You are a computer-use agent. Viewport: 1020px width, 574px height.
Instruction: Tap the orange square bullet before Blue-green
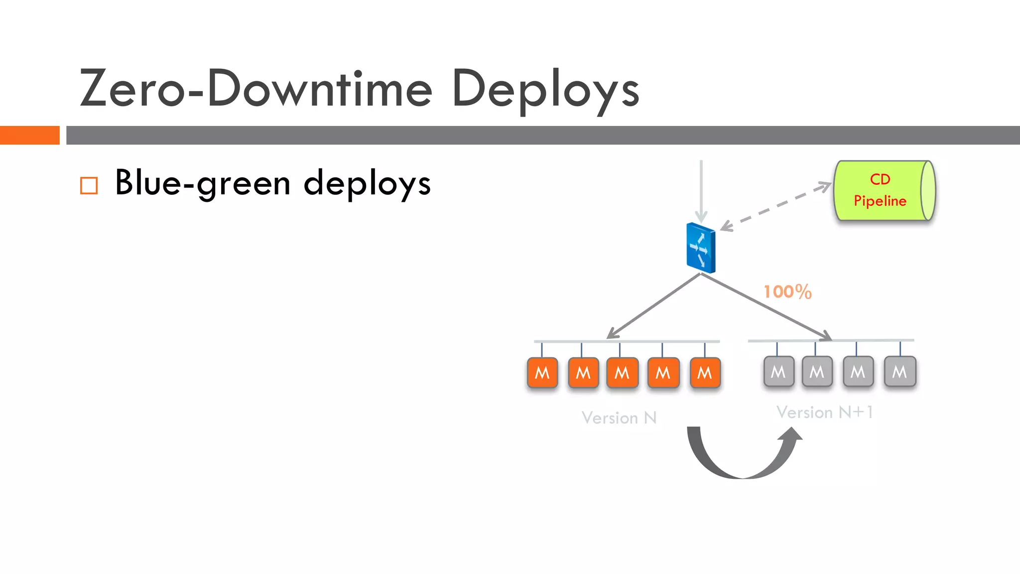tap(89, 186)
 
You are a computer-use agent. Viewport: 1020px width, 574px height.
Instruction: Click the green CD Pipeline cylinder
tap(884, 191)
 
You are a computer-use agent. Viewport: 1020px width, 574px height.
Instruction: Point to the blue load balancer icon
tap(701, 248)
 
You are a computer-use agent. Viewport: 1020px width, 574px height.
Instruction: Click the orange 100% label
tap(787, 292)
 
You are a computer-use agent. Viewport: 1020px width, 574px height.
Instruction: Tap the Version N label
tap(619, 418)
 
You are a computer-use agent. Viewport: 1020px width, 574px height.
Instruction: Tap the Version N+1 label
tap(824, 412)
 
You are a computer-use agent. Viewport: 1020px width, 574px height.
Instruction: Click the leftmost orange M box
tap(542, 373)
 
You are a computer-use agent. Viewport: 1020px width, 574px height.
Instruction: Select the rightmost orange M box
tap(705, 373)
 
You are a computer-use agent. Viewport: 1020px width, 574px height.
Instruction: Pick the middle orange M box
tap(622, 373)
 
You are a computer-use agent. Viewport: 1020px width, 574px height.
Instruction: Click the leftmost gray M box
tap(778, 372)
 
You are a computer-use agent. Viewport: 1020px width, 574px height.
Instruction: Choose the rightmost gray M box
tap(899, 372)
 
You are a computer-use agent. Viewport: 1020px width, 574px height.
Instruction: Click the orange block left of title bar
tap(29, 135)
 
